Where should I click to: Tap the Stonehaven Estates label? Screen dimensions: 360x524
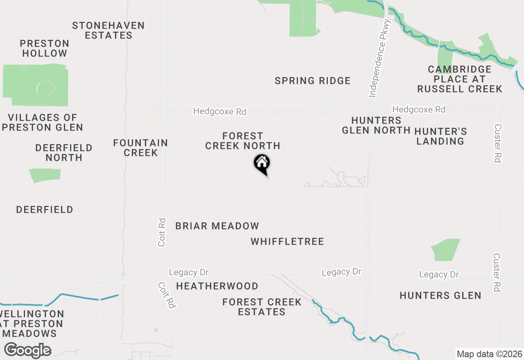point(108,31)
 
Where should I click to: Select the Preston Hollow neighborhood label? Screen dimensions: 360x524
point(45,48)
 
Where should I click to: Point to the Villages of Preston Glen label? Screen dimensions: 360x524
point(43,123)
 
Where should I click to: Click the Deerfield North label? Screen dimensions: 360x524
point(64,153)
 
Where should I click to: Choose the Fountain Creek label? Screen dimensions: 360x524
point(140,148)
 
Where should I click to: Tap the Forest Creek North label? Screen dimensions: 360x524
point(243,141)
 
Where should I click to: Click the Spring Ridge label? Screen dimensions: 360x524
point(313,81)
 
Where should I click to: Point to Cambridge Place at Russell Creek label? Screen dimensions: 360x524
point(459,79)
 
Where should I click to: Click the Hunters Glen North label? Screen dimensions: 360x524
point(376,125)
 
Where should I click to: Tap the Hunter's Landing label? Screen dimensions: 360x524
point(440,136)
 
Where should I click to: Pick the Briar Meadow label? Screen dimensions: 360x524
point(217,226)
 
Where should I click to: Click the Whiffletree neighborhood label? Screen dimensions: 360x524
point(287,242)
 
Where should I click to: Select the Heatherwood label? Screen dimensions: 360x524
point(217,286)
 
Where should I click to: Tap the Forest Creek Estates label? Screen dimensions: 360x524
point(262,307)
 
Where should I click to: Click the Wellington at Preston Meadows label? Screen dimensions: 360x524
point(32,324)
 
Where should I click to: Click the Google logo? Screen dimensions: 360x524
point(27,351)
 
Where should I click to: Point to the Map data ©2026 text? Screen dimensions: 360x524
point(489,354)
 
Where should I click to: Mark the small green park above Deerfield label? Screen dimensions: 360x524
point(45,175)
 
